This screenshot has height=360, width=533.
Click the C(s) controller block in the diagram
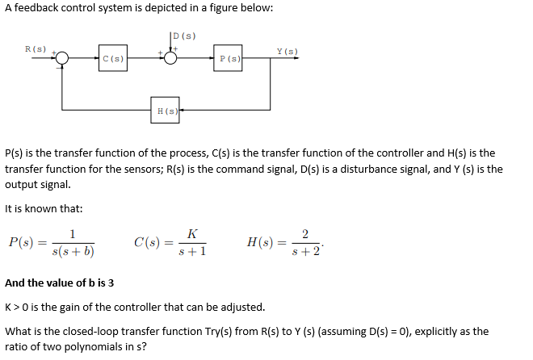click(113, 58)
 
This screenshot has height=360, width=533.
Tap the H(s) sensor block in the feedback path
click(165, 110)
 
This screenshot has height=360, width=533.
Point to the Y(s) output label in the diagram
click(287, 52)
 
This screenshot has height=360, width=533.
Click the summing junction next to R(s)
click(62, 58)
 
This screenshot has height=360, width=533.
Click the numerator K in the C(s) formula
click(191, 234)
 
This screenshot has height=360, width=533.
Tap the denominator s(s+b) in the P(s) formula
click(73, 251)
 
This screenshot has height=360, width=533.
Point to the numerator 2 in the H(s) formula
click(304, 234)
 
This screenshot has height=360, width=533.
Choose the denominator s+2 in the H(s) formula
click(305, 251)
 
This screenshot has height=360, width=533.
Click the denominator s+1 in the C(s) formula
click(191, 251)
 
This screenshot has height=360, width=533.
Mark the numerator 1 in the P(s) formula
click(73, 234)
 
